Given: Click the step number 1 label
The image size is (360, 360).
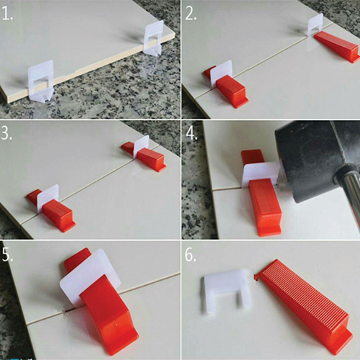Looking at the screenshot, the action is tap(7, 14).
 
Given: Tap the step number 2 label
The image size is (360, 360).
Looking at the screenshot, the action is tap(191, 14).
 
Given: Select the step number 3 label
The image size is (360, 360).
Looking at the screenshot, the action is tap(6, 133).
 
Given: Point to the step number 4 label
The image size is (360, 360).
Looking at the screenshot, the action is tap(192, 133).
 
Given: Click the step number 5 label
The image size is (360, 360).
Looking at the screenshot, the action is tap(7, 254).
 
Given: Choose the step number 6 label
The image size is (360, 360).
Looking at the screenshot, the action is tap(191, 255).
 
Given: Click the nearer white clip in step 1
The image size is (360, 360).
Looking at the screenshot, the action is tap(41, 81).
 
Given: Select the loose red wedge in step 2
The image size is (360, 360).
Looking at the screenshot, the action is tap(337, 47).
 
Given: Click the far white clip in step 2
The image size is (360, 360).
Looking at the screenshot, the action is tap(315, 24).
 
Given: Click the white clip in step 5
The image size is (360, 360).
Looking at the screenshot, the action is tap(90, 276).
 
